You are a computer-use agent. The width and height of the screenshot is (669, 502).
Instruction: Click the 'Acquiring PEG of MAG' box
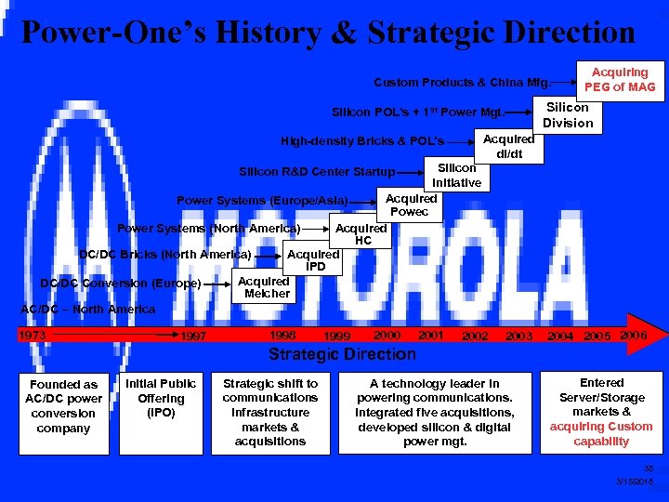[x=620, y=80]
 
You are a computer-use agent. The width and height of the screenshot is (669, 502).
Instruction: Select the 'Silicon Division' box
[x=568, y=115]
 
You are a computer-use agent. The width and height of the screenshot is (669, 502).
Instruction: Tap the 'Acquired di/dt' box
[x=509, y=146]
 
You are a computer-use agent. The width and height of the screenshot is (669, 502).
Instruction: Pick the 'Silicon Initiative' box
[x=456, y=176]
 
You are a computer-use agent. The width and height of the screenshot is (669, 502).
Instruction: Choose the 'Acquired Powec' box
[x=411, y=205]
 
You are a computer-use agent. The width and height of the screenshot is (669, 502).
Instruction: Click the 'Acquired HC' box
[x=361, y=234]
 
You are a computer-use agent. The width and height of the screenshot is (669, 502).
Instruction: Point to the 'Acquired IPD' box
[x=313, y=260]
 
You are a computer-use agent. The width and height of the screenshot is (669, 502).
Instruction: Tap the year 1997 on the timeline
[x=193, y=337]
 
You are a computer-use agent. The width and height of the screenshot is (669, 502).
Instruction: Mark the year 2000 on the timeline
[x=386, y=335]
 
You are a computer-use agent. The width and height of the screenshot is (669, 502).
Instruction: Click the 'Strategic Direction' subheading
[x=342, y=354]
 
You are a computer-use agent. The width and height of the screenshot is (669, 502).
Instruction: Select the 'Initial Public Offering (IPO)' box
[x=161, y=398]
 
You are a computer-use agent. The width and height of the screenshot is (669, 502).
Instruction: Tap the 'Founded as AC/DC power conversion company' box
[x=63, y=406]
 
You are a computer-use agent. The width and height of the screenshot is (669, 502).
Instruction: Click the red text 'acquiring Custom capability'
[x=601, y=434]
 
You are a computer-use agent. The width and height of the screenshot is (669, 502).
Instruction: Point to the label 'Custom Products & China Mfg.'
[x=462, y=82]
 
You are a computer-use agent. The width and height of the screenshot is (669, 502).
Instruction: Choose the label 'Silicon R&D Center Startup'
[x=317, y=172]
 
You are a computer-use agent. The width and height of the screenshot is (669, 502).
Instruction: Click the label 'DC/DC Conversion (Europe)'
[x=120, y=284]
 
